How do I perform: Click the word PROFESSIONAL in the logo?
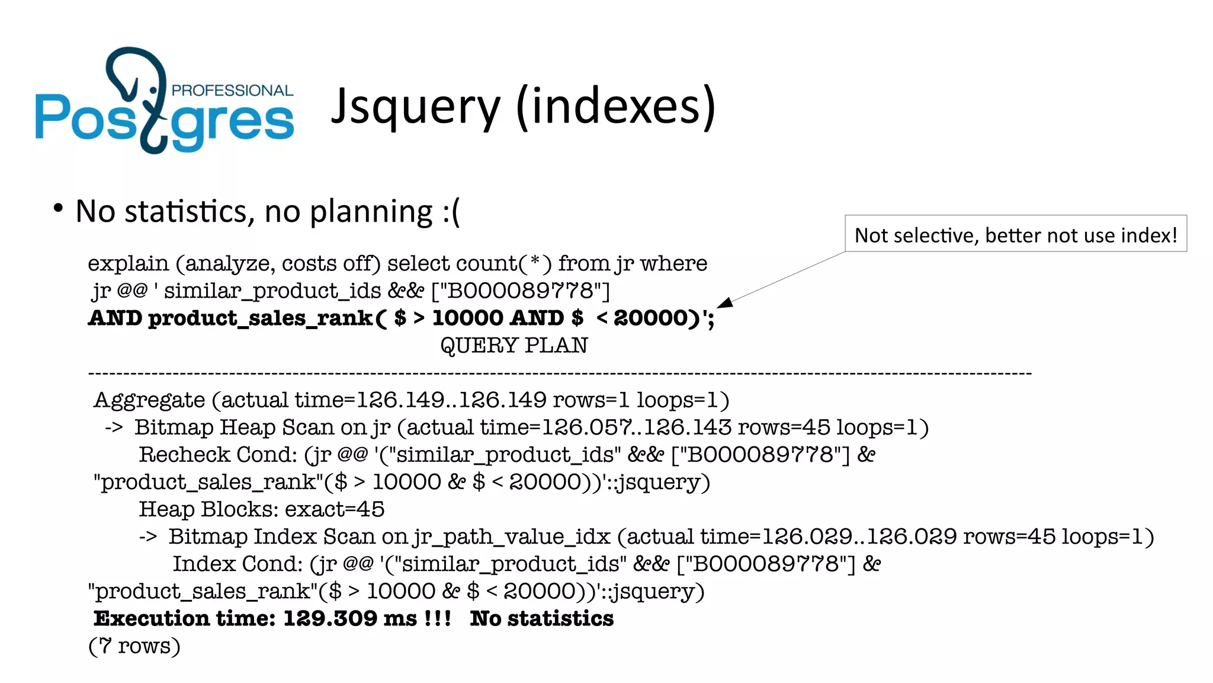[x=232, y=90]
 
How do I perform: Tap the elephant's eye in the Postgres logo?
[x=153, y=90]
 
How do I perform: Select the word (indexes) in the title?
[x=616, y=107]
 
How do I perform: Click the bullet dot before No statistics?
[x=57, y=208]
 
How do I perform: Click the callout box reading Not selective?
[x=1015, y=235]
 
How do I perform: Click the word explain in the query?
[x=128, y=263]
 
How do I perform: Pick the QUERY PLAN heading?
[x=514, y=345]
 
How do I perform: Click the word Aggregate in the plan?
[x=149, y=400]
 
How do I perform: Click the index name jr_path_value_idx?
[x=512, y=537]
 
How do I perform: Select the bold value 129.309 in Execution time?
[x=330, y=618]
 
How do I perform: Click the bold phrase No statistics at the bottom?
[x=541, y=618]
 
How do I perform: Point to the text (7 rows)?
[x=134, y=646]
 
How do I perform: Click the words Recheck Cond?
[x=217, y=455]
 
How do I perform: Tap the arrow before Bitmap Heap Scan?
[x=114, y=427]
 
